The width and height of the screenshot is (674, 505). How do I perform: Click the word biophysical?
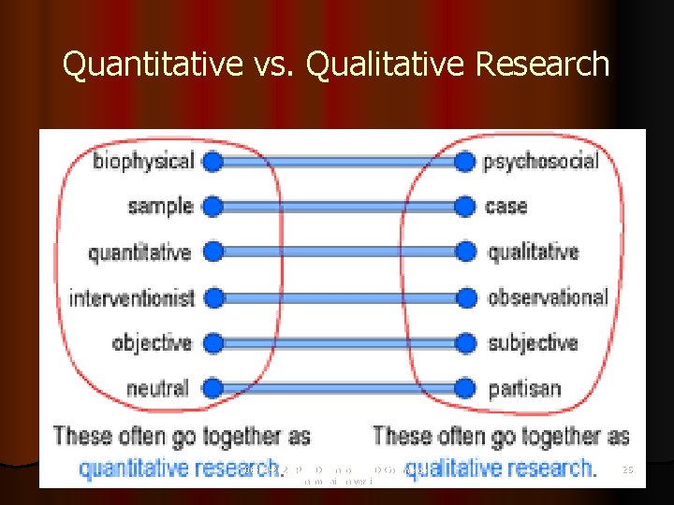143,161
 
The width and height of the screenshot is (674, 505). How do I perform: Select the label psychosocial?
540,161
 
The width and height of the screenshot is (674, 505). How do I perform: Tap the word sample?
160,206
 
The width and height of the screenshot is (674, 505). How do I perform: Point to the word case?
505,206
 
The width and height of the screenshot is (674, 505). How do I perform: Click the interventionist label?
132,298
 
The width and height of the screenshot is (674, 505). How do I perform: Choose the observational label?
548,297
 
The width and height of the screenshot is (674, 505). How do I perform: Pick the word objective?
152,342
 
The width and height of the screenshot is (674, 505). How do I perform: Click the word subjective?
533,342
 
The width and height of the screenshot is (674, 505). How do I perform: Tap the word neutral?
157,387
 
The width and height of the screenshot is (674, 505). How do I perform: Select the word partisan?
523,387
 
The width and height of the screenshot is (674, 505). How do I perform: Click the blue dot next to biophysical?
212,161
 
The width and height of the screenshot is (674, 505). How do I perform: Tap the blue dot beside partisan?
464,387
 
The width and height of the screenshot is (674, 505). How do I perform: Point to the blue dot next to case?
464,206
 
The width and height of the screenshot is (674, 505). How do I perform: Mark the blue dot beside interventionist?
212,298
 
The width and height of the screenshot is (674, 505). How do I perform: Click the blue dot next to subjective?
464,342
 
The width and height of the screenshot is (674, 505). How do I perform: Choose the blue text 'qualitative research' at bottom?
501,468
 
